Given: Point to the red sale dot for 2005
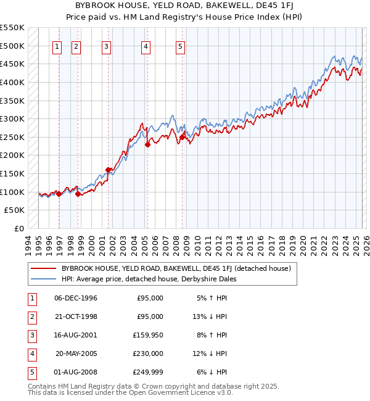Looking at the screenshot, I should [x=147, y=145].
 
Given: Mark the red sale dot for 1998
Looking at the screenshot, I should [x=78, y=194].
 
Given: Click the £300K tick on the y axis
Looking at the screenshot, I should [x=12, y=118].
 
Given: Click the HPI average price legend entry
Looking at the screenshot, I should [x=148, y=279].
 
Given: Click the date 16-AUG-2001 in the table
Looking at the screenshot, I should [x=76, y=335].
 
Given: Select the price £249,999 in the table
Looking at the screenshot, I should [x=150, y=372].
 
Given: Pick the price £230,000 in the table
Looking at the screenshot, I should [x=150, y=353].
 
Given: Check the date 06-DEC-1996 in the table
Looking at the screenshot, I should [x=76, y=298].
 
